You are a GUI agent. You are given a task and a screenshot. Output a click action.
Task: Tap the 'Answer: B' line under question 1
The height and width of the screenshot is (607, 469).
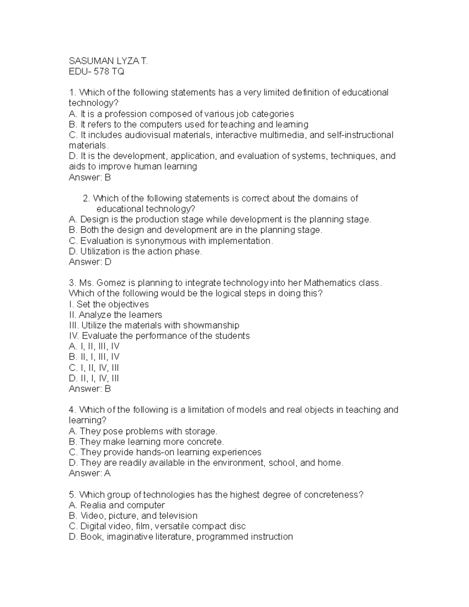coord(90,177)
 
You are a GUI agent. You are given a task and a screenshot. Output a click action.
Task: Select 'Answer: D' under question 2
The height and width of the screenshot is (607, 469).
coord(90,262)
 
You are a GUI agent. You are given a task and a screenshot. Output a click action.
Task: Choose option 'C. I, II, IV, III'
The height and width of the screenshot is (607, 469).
coord(94,367)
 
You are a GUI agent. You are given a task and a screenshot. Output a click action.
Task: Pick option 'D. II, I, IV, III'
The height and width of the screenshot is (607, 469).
coord(94,378)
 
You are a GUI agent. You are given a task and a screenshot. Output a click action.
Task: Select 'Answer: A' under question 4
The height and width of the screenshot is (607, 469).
coord(90,473)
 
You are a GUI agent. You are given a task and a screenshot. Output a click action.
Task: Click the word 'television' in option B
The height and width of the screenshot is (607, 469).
coord(178,516)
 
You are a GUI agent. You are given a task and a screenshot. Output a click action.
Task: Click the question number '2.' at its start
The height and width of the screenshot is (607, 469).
coord(86,199)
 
